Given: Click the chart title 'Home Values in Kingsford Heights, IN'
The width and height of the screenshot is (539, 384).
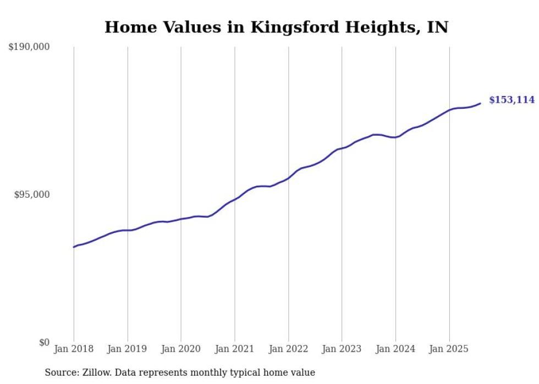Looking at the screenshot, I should click(276, 27).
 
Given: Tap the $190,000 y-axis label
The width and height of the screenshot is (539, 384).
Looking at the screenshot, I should click(29, 47).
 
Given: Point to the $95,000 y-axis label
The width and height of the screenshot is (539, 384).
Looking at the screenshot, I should click(31, 194).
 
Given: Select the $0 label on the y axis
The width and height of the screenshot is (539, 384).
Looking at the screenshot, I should click(44, 342).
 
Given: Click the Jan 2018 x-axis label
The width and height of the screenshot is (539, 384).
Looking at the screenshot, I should click(74, 349).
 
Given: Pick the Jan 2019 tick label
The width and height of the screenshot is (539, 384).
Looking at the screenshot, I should click(128, 349).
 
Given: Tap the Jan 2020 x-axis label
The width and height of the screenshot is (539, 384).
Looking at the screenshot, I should click(181, 349).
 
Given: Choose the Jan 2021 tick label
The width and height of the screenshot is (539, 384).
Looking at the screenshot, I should click(235, 349).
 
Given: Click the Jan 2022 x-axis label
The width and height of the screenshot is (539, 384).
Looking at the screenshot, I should click(288, 349).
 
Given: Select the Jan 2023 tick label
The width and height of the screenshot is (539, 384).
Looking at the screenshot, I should click(342, 349).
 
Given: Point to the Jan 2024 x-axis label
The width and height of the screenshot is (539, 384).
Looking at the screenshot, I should click(395, 349).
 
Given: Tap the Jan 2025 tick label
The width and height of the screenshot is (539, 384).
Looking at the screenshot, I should click(449, 349).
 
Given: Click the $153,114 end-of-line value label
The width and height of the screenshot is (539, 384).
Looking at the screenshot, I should click(512, 100).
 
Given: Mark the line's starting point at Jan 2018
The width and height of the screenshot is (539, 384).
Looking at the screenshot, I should click(74, 247).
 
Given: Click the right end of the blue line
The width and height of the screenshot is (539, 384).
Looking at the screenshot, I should click(480, 103).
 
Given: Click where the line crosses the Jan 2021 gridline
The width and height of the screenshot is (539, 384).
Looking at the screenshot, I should click(235, 199).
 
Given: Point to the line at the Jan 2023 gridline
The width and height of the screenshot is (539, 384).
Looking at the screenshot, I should click(342, 148).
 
